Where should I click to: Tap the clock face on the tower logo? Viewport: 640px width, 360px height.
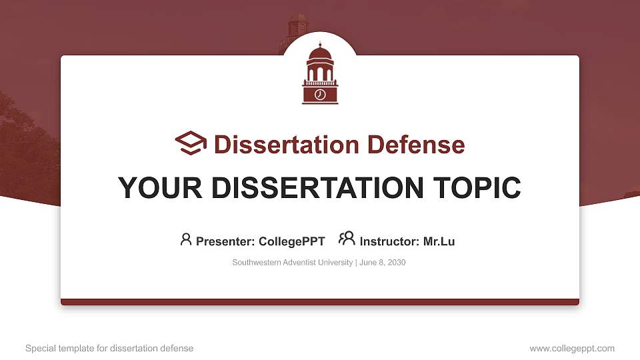point(320,93)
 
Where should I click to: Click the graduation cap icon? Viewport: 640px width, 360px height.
point(191,143)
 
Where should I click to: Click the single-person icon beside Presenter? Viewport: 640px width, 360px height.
point(186,239)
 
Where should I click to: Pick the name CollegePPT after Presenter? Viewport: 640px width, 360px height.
point(292,241)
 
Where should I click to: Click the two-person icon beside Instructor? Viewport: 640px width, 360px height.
point(347,239)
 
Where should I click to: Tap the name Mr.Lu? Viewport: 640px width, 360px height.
point(439,241)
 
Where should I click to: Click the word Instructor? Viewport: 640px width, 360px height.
point(389,241)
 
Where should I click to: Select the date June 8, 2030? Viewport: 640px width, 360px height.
point(383,263)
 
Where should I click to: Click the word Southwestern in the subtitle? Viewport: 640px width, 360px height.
point(256,263)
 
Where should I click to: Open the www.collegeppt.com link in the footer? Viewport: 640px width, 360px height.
point(572,348)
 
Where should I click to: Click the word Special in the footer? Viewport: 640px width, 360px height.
point(39,348)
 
